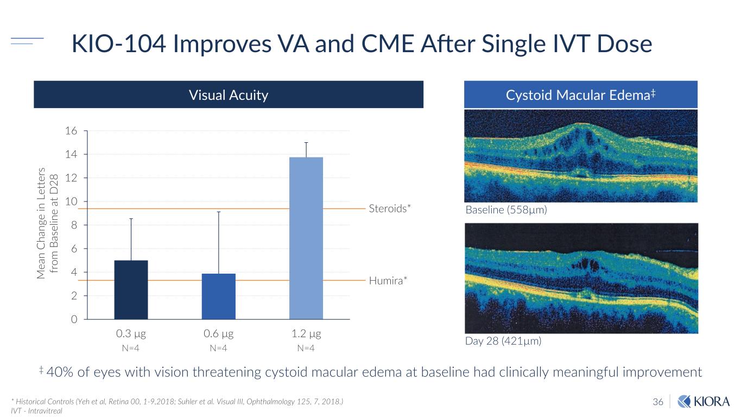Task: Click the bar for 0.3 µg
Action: (131, 290)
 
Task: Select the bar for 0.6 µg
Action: (218, 296)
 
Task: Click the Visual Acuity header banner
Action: (229, 95)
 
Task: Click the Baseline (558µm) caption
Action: (505, 210)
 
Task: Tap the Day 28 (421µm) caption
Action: (503, 341)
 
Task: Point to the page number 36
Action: (658, 402)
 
